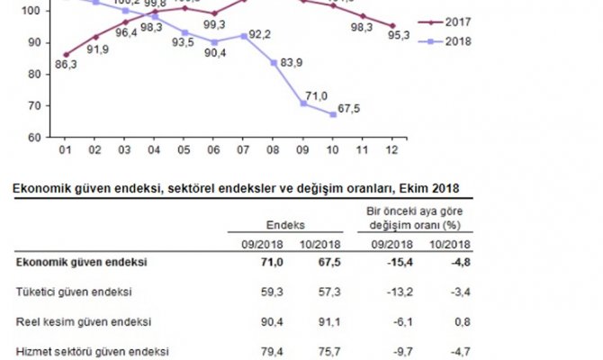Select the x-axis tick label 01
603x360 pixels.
click(x=65, y=150)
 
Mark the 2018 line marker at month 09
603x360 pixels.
click(x=303, y=103)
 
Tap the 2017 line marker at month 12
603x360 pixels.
click(x=391, y=26)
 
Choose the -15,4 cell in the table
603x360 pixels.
click(x=397, y=262)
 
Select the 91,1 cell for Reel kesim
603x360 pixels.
click(x=323, y=321)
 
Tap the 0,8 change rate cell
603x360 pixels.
click(x=457, y=321)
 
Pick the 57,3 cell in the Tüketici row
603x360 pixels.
click(x=323, y=292)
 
